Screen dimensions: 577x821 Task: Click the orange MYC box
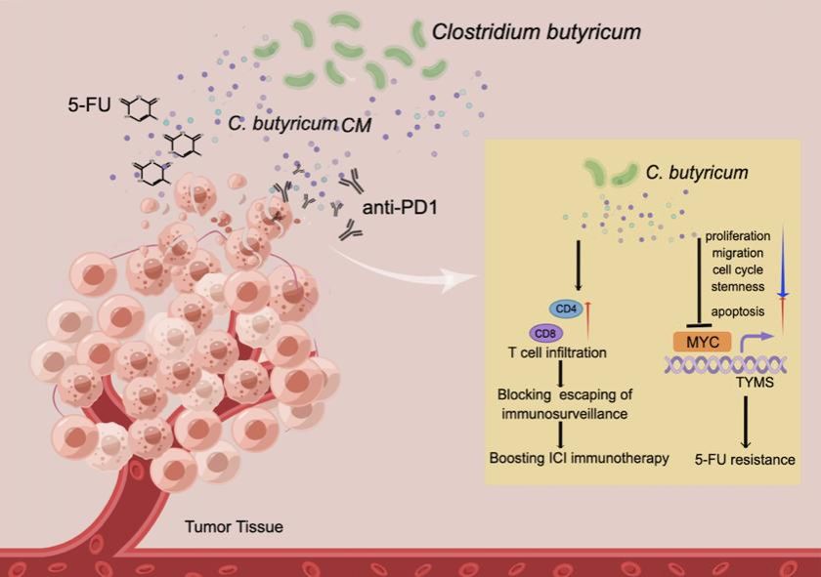pyautogui.click(x=701, y=342)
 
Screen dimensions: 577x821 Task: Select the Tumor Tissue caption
pyautogui.click(x=234, y=528)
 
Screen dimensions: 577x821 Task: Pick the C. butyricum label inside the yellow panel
pyautogui.click(x=696, y=173)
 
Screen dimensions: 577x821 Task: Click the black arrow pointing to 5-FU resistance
pyautogui.click(x=745, y=421)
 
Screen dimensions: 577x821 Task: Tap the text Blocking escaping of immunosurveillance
pyautogui.click(x=561, y=403)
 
